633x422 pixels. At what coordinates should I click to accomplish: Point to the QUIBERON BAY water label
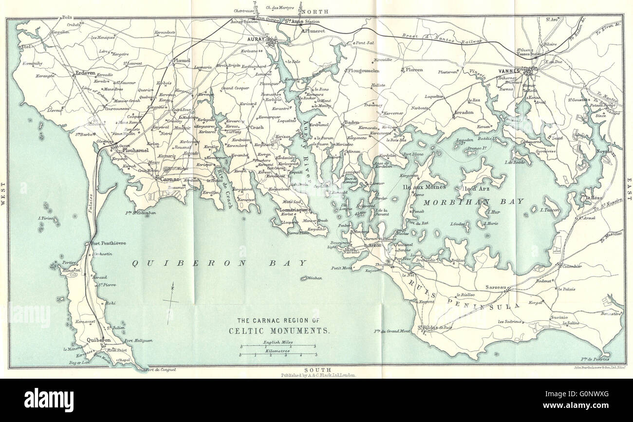(x=221, y=263)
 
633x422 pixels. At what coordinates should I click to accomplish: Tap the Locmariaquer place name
(x=293, y=210)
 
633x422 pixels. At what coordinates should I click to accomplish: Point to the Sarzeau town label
(x=497, y=288)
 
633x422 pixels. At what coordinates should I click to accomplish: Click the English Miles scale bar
(x=278, y=346)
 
